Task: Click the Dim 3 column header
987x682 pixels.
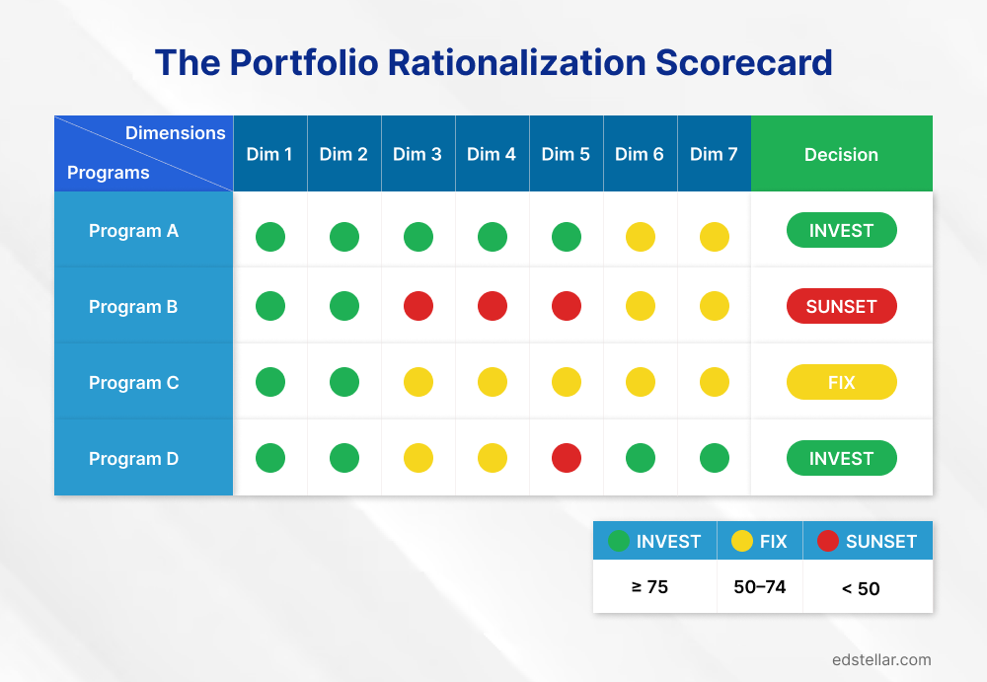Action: [418, 154]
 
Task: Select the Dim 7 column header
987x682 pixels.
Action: [714, 154]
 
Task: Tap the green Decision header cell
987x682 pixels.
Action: [841, 154]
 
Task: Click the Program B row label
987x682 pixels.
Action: [133, 307]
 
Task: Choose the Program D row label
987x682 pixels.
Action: [133, 459]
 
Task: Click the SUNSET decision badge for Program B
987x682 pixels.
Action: [841, 307]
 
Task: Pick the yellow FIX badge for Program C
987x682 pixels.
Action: [841, 382]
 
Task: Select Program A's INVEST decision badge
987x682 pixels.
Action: [841, 231]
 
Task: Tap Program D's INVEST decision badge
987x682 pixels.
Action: [841, 459]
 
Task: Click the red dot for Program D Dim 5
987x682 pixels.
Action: [567, 458]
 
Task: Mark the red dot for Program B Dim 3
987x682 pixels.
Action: [418, 306]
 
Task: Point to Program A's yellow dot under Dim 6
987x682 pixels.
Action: [641, 237]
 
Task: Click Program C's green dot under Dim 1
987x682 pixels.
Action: [270, 382]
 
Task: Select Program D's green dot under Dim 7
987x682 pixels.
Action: [715, 458]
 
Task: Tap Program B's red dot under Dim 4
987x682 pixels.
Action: [493, 306]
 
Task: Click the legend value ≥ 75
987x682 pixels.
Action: [649, 587]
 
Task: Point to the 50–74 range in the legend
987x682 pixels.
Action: [760, 587]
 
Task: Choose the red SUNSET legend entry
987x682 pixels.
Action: [868, 541]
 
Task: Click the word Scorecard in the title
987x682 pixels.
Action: [745, 63]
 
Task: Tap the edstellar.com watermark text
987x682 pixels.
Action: [881, 659]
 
